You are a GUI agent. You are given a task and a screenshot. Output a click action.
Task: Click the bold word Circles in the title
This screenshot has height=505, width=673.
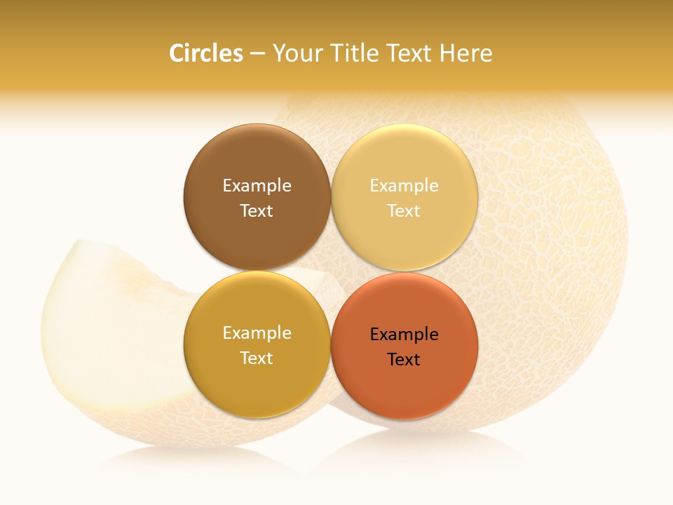205,53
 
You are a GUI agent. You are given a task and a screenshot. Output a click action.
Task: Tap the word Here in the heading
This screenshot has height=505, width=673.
466,53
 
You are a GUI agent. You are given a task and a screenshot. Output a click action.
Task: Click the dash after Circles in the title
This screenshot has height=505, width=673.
257,54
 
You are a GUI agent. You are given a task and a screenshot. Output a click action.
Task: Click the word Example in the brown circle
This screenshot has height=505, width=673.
257,185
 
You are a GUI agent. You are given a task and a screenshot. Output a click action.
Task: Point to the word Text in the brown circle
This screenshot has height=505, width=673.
257,210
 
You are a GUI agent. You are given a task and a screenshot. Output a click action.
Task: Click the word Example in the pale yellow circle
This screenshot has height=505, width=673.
405,185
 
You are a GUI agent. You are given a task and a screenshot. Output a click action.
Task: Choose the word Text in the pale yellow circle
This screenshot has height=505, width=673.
405,210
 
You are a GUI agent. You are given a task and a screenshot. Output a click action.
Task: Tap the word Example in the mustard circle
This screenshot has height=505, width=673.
257,332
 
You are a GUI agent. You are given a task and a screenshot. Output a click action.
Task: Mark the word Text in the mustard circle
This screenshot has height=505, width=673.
257,358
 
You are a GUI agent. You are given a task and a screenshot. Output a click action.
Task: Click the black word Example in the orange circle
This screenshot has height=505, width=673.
405,334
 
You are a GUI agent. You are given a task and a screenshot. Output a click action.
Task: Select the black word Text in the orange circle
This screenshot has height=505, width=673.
405,359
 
